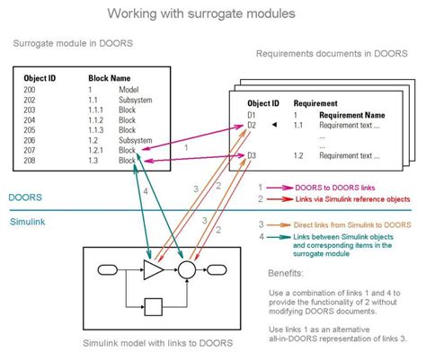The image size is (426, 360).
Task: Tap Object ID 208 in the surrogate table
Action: (x=30, y=162)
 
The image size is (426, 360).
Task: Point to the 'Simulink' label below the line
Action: (x=29, y=220)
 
